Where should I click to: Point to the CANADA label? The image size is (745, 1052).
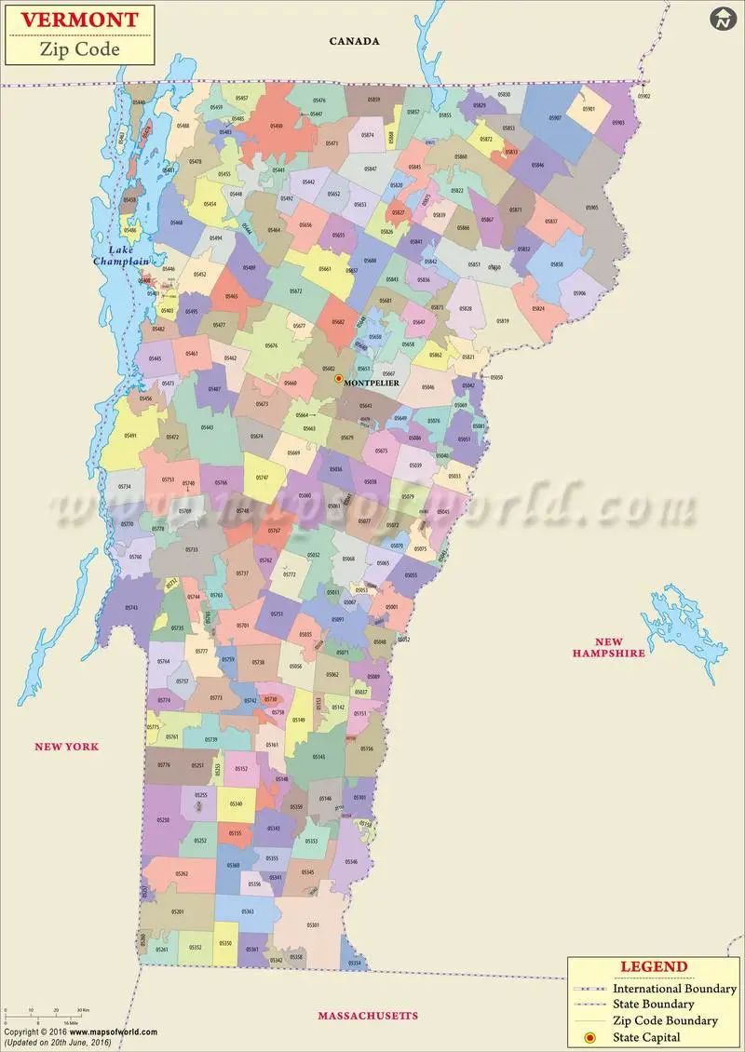point(355,41)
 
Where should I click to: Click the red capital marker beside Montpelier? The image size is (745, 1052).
point(339,379)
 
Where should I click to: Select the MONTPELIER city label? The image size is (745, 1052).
point(372,383)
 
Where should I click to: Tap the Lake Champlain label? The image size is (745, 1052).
point(121,255)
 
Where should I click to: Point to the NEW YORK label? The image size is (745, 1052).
point(66,747)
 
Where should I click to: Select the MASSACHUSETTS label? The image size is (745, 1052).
point(368,1015)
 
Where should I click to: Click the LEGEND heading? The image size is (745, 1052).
point(654,967)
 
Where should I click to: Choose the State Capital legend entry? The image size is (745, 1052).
point(645,1037)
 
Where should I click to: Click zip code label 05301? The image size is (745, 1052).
point(313,925)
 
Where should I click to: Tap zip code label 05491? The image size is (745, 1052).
point(130,436)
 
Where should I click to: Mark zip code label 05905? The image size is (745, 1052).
point(592,208)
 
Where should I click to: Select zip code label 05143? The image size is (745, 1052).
point(319,757)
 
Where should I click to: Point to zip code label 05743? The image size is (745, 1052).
point(130,607)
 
